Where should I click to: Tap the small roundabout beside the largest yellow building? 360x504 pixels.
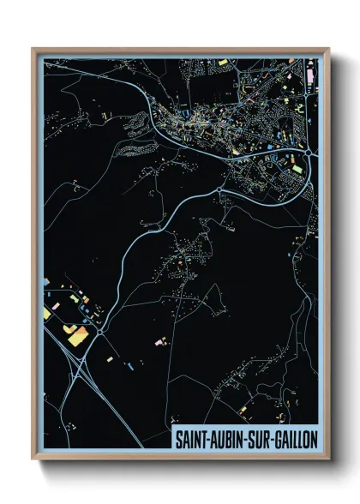point(100,330)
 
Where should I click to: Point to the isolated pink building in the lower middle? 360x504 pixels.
point(158,342)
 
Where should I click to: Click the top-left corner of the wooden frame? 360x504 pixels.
point(33,49)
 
